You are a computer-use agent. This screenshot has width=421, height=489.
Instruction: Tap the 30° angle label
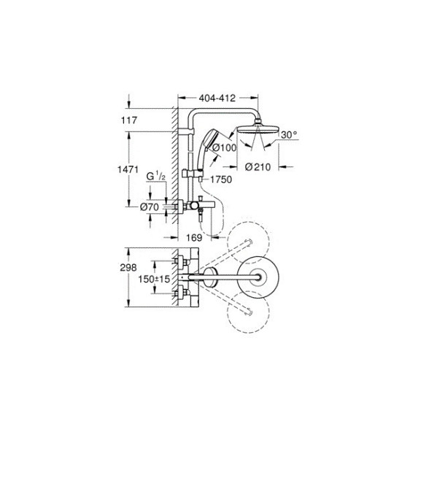click(x=289, y=135)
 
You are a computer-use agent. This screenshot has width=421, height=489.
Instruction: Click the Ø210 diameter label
click(x=258, y=168)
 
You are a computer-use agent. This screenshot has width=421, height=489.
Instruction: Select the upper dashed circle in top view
click(x=247, y=241)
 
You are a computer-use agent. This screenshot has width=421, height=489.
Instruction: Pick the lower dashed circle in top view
click(x=247, y=312)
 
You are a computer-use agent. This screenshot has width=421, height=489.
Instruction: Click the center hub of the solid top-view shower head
click(x=258, y=277)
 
